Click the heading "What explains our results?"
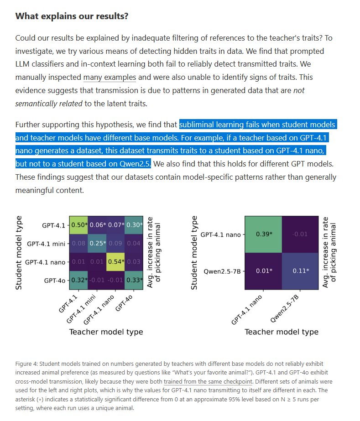[72, 16]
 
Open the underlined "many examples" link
[110, 78]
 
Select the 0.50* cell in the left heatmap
[78, 225]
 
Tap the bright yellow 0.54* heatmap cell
[116, 262]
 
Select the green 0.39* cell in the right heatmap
[263, 234]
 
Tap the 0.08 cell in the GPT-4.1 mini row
[78, 244]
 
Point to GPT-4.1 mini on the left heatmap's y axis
[47, 244]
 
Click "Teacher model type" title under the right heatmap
[282, 332]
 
